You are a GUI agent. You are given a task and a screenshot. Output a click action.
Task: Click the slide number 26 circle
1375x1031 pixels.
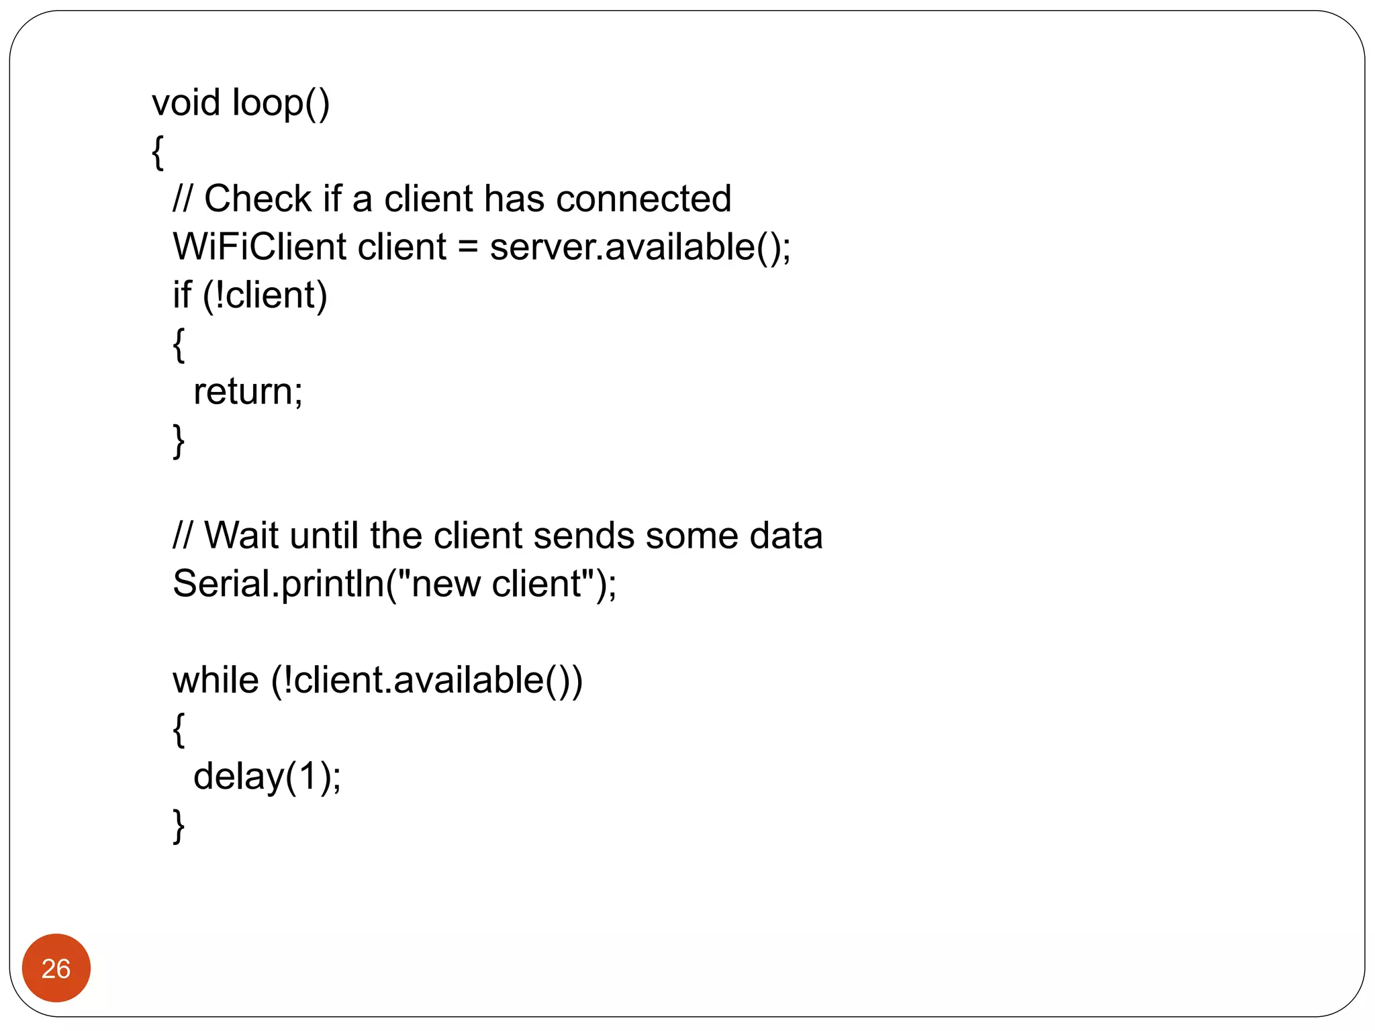coord(56,968)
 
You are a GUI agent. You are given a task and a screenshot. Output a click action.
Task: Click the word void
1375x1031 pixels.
coord(186,103)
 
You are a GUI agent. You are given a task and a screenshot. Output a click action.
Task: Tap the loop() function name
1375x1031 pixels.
coord(281,104)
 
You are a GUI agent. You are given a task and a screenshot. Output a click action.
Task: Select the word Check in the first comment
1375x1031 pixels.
coord(258,199)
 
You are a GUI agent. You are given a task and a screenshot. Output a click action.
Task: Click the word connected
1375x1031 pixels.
coord(643,199)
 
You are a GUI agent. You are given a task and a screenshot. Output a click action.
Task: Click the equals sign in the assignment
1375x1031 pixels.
coord(467,248)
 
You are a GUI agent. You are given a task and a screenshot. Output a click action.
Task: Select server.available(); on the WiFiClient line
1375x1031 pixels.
coord(640,247)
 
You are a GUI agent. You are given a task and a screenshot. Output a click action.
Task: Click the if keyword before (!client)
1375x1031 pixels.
coord(181,295)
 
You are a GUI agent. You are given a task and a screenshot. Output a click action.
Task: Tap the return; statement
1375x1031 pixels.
coord(248,391)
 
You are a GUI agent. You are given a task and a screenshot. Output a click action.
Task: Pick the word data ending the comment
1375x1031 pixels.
coord(786,536)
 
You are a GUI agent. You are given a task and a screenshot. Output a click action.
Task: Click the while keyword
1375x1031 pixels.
coord(216,680)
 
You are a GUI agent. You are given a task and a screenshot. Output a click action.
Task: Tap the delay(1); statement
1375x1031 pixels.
coord(267,777)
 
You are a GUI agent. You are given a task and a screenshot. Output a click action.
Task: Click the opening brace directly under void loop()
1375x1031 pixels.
coord(158,152)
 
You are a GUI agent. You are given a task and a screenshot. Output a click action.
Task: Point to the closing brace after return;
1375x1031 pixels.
coord(179,441)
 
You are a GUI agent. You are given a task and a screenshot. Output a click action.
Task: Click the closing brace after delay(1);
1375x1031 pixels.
coord(179,826)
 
